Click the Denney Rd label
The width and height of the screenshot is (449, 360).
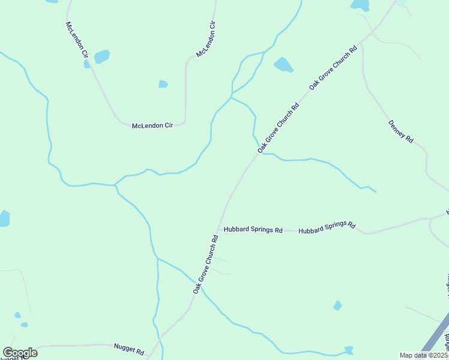click(x=400, y=131)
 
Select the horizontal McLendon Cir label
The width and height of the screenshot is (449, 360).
click(x=152, y=125)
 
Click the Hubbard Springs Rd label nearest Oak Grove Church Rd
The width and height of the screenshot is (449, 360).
click(x=253, y=229)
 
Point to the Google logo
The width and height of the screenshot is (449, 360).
click(x=20, y=353)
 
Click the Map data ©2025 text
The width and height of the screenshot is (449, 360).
click(x=423, y=355)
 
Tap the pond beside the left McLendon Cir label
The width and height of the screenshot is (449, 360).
click(x=102, y=56)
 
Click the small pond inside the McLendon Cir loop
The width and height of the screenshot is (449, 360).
click(x=163, y=84)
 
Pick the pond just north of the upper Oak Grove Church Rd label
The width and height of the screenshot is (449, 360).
click(x=283, y=65)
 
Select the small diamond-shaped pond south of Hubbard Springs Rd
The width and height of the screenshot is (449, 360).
click(x=337, y=306)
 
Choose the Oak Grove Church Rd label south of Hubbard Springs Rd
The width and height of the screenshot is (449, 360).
click(x=205, y=264)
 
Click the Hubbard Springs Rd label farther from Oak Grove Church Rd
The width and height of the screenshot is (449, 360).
click(x=327, y=227)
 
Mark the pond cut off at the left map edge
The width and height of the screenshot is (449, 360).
click(x=4, y=218)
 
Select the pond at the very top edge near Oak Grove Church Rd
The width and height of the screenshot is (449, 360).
click(x=360, y=5)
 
